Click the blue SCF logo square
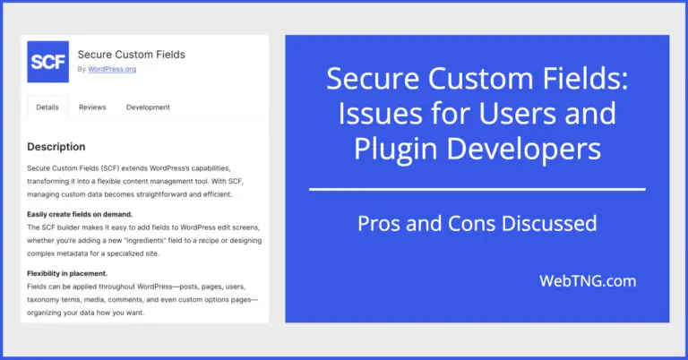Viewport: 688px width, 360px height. pos(47,62)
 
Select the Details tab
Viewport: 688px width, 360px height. pos(47,107)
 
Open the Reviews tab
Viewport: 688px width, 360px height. pos(92,107)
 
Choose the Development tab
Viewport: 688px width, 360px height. pos(148,107)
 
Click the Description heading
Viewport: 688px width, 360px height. pos(56,146)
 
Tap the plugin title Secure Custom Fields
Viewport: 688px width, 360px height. pos(132,55)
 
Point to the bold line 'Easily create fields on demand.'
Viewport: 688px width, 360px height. pos(80,214)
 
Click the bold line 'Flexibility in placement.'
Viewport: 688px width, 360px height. pos(67,273)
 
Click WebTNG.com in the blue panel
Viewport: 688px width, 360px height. pos(588,280)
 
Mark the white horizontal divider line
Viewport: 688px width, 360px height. pos(477,189)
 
